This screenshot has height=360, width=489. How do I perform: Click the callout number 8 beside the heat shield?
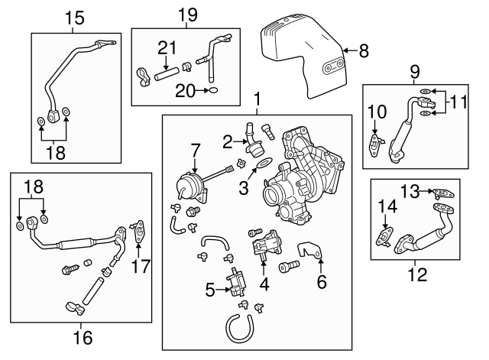364,51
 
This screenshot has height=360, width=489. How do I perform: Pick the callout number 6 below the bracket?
322,281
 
